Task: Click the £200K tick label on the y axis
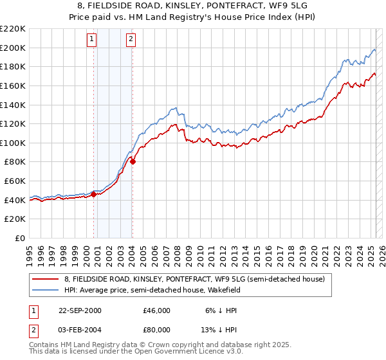tap(13, 48)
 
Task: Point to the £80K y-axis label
tap(15, 162)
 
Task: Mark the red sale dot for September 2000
tap(94, 194)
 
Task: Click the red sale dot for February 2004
tap(133, 162)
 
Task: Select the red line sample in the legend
tap(46, 279)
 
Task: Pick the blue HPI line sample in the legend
tap(46, 290)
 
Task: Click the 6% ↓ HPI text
tap(221, 310)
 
